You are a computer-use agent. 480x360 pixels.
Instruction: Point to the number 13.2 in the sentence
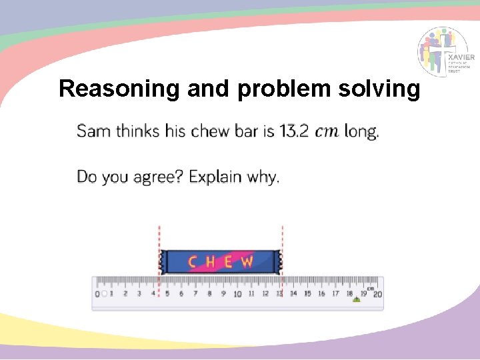tap(293, 131)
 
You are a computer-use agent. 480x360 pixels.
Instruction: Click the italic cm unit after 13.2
tap(327, 131)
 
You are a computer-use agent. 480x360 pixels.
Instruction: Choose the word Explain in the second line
tap(215, 177)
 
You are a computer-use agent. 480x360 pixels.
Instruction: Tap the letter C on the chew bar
tap(193, 262)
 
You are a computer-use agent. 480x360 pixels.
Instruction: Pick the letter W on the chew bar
tap(247, 262)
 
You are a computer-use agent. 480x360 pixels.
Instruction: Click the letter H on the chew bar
tap(211, 262)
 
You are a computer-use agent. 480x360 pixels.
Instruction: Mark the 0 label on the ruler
tap(97, 294)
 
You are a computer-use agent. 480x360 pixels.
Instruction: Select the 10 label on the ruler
tap(237, 294)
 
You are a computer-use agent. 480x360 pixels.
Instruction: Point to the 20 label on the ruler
tap(377, 294)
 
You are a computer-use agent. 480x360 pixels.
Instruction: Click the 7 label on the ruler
tap(195, 293)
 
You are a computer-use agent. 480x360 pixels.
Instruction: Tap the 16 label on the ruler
tap(321, 293)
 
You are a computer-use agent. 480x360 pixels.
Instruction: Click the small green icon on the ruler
tap(356, 301)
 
